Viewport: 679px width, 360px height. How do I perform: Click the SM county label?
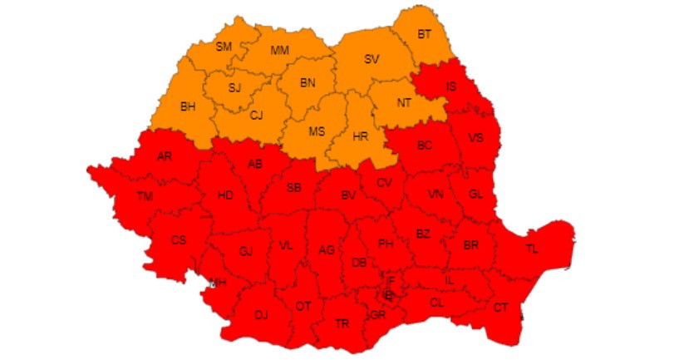[223, 47]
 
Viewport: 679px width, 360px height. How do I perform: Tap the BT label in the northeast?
[425, 34]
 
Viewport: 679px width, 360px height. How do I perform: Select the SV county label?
[371, 59]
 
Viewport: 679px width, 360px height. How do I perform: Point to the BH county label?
[189, 106]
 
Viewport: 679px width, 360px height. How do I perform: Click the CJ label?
[256, 115]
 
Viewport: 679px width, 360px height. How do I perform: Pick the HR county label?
[361, 134]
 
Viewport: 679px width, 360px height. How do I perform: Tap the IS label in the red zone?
[451, 86]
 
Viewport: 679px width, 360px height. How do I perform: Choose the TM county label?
[145, 197]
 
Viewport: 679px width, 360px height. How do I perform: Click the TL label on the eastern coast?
[531, 248]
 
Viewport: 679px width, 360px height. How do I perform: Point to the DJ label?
[261, 314]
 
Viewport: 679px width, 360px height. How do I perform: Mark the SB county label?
[293, 188]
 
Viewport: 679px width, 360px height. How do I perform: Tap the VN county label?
[435, 194]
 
